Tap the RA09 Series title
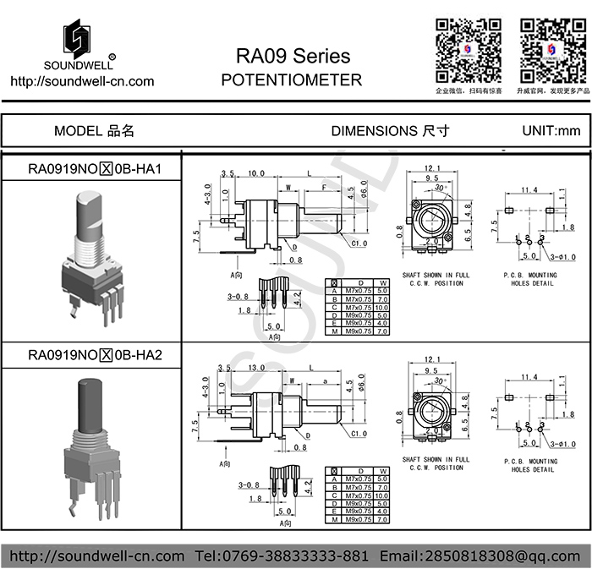292,57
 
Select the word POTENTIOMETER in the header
291,80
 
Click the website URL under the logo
81,82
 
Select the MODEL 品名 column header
94,131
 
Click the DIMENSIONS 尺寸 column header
390,131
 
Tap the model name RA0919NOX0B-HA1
95,169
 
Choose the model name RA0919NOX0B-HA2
95,354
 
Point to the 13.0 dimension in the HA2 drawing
256,368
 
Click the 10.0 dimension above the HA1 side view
256,173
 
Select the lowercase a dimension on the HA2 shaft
326,381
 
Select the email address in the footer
481,555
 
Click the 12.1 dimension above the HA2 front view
433,359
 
